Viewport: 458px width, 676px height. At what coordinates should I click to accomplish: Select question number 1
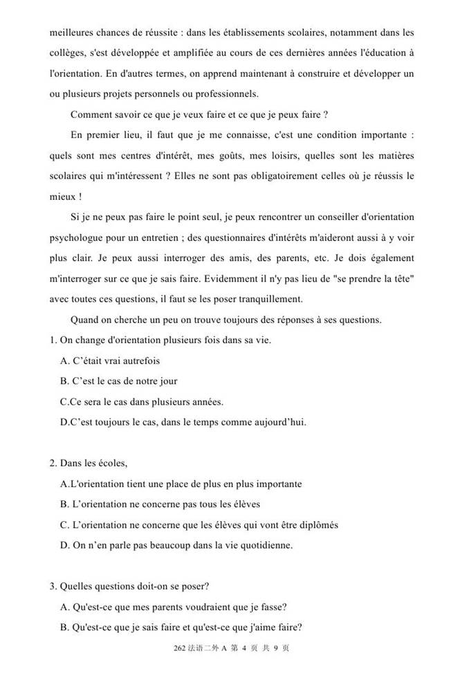pyautogui.click(x=53, y=340)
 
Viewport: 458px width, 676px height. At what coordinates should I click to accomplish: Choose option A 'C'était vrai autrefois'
pyautogui.click(x=111, y=360)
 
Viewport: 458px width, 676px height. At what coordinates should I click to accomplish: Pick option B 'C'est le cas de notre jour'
pyautogui.click(x=119, y=381)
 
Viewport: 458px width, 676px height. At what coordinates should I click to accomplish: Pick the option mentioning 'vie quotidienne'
pyautogui.click(x=176, y=545)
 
